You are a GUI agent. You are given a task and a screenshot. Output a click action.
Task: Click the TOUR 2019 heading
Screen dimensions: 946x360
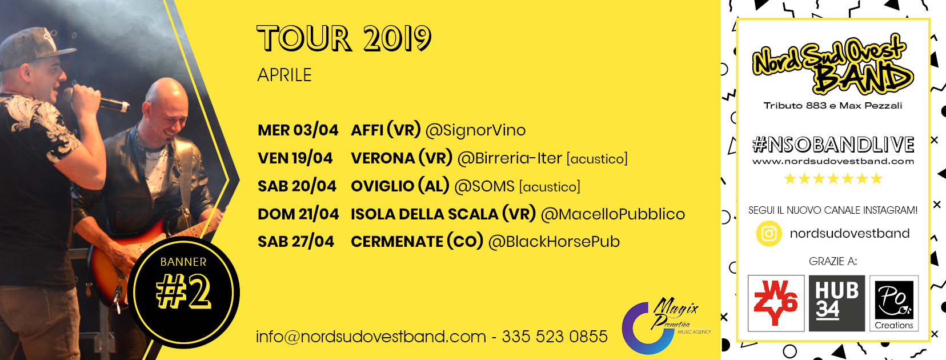(x=344, y=38)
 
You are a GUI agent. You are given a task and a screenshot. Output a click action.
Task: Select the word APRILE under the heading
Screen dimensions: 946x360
(x=284, y=75)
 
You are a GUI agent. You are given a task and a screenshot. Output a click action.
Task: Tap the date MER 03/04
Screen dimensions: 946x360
(x=298, y=130)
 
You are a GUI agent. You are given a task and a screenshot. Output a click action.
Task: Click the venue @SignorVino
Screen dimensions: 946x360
(x=475, y=130)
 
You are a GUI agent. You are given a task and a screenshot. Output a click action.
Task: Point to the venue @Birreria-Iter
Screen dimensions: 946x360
(x=510, y=158)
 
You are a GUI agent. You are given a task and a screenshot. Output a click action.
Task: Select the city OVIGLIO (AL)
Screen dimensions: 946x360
(x=400, y=186)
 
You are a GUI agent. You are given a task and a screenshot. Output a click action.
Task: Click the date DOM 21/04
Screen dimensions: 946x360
(x=298, y=214)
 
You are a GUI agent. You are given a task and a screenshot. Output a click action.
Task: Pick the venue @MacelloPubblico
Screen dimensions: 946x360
(x=613, y=214)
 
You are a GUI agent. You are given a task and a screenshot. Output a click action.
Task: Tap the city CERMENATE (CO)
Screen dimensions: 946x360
(x=417, y=242)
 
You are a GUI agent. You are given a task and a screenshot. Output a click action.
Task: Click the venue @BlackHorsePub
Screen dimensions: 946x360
(x=554, y=242)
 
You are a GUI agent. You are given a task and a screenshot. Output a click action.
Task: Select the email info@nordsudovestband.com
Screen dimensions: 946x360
(x=371, y=337)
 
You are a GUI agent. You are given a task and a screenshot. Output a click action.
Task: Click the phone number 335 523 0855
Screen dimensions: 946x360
(x=555, y=337)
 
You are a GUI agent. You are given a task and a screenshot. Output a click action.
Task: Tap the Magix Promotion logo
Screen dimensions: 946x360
(x=663, y=325)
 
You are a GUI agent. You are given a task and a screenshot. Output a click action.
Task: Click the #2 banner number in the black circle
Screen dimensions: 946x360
(x=184, y=291)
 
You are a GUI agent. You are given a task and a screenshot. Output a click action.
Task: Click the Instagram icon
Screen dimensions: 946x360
(x=769, y=234)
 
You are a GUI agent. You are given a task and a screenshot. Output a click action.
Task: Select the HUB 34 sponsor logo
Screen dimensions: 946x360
(x=837, y=303)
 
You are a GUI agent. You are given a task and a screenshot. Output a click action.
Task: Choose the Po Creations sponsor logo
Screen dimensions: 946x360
(x=893, y=303)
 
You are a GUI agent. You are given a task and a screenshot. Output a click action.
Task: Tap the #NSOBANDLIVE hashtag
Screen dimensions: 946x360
(x=833, y=145)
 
